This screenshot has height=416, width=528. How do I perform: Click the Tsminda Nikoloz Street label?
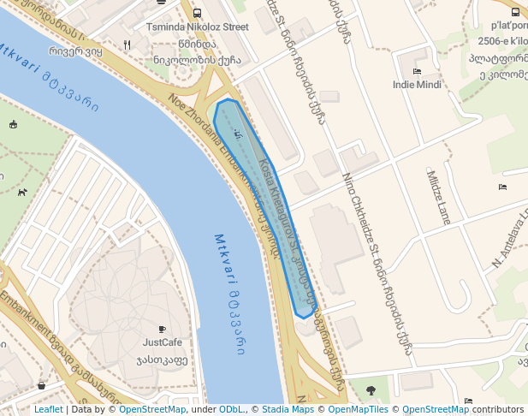pyautogui.click(x=198, y=27)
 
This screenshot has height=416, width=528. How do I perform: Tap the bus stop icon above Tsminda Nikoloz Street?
pyautogui.click(x=198, y=13)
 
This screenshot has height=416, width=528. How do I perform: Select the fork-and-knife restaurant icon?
pyautogui.click(x=127, y=45)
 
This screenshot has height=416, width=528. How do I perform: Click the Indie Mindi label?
pyautogui.click(x=417, y=85)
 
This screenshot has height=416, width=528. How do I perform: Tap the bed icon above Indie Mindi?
pyautogui.click(x=417, y=71)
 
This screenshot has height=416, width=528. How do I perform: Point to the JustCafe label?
pyautogui.click(x=162, y=342)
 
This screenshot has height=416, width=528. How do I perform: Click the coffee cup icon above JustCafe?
pyautogui.click(x=162, y=329)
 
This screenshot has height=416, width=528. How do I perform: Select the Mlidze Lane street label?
pyautogui.click(x=438, y=197)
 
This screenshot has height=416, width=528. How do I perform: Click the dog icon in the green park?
pyautogui.click(x=21, y=192)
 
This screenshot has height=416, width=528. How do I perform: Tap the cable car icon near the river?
pyautogui.click(x=14, y=125)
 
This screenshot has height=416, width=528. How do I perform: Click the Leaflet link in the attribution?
pyautogui.click(x=48, y=410)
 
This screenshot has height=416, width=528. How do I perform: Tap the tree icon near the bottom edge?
pyautogui.click(x=371, y=390)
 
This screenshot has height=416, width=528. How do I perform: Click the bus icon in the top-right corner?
pyautogui.click(x=515, y=12)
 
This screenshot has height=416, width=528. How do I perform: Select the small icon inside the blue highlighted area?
pyautogui.click(x=238, y=135)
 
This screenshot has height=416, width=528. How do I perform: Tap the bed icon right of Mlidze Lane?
pyautogui.click(x=502, y=187)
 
